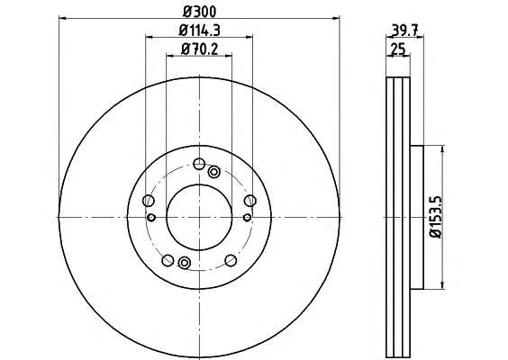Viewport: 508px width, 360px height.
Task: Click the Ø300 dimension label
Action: pyautogui.click(x=199, y=12)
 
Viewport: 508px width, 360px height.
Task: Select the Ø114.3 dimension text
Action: pyautogui.click(x=200, y=31)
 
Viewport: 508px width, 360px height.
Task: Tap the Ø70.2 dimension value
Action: pyautogui.click(x=200, y=49)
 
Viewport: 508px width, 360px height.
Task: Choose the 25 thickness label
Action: pyautogui.click(x=398, y=49)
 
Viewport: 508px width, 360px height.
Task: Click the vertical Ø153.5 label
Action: pyautogui.click(x=436, y=217)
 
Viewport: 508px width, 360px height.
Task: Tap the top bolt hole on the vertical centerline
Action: pyautogui.click(x=199, y=164)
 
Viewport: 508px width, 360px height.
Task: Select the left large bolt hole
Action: pyautogui.click(x=148, y=201)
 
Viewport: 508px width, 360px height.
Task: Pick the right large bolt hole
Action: pyautogui.click(x=250, y=201)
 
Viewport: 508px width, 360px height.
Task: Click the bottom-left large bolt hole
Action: pyautogui.click(x=168, y=260)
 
